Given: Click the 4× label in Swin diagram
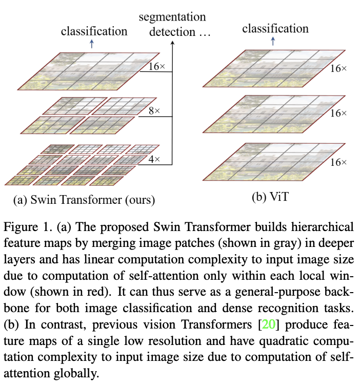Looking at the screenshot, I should coord(154,160).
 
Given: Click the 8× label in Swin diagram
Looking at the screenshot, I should coord(154,110).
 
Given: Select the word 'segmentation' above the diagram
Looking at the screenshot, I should coord(172,16).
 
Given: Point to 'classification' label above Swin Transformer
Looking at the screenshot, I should coord(94,31).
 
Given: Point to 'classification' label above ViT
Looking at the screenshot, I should coord(275,28).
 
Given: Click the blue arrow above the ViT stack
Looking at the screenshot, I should coord(273,42).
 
